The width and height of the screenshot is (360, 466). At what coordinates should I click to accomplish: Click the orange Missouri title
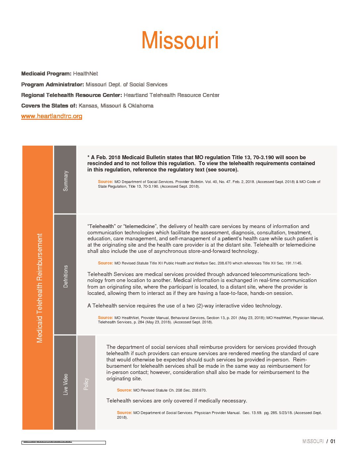(x=180, y=40)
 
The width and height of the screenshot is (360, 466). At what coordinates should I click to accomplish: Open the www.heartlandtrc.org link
(x=52, y=116)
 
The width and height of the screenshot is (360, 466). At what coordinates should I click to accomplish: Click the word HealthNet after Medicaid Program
(x=85, y=73)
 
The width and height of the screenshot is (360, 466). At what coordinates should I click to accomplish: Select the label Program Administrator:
(x=53, y=84)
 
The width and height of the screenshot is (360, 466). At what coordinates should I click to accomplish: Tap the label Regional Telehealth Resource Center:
(x=71, y=95)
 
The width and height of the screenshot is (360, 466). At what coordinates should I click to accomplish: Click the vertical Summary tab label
(x=66, y=181)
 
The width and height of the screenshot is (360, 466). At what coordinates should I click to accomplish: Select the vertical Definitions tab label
(x=66, y=276)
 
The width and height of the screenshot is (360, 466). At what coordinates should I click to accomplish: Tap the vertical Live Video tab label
(x=66, y=384)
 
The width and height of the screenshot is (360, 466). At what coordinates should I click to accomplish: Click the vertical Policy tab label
(x=86, y=384)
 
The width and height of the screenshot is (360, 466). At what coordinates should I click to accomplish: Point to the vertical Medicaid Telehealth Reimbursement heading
(x=39, y=288)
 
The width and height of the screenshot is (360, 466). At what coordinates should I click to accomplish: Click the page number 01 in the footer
(x=333, y=441)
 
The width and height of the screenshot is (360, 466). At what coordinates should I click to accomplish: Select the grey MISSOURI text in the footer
(x=313, y=441)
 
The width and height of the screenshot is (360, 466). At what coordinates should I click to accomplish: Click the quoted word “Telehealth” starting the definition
(x=101, y=226)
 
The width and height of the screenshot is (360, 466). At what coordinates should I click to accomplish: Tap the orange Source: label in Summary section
(x=105, y=182)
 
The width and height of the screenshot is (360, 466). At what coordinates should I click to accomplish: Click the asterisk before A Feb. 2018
(x=88, y=157)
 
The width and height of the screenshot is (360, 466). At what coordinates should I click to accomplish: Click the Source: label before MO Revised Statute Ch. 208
(x=124, y=390)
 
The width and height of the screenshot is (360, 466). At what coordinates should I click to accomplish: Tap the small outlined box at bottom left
(x=64, y=443)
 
